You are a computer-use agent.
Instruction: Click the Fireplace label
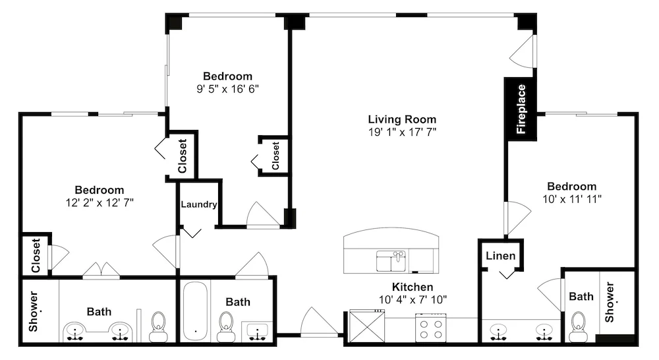tap(521, 109)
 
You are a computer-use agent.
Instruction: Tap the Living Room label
tap(402, 119)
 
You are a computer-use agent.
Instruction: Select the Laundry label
tap(199, 204)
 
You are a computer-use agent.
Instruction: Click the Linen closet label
tap(501, 256)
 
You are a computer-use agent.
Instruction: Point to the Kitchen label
tap(413, 287)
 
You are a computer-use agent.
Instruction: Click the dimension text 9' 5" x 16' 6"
tap(228, 89)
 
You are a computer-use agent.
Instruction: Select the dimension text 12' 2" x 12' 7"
tap(100, 202)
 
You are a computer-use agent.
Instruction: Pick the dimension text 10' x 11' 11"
tap(571, 199)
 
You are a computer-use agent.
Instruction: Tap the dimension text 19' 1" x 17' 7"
tap(402, 132)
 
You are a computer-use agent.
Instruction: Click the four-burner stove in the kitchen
tap(431, 328)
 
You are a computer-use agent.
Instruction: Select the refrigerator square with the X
tap(367, 326)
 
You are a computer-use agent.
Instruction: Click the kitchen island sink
tap(391, 261)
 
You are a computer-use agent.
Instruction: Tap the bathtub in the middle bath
tap(196, 311)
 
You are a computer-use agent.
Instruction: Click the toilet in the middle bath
tap(225, 326)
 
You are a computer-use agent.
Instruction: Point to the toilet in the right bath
tap(577, 327)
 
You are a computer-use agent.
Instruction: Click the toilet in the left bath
tap(158, 326)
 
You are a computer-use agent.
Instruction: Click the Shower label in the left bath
tap(34, 311)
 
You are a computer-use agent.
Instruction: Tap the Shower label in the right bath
tap(610, 302)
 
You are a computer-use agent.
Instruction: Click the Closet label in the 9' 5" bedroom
tap(275, 156)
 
